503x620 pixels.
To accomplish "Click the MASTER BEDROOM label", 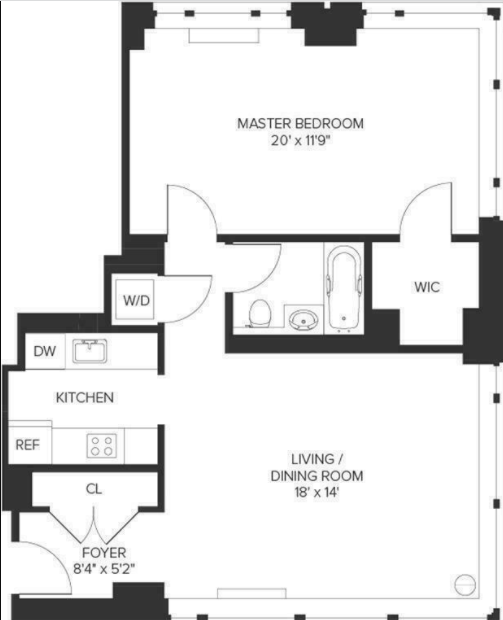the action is [x=301, y=123].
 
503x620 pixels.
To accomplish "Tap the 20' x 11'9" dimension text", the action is [x=301, y=140].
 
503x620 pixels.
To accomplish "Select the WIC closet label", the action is [x=427, y=287].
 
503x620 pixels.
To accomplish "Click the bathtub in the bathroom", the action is [x=344, y=289].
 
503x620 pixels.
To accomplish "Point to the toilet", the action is [x=259, y=313].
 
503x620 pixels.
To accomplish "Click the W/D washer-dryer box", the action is [x=135, y=300].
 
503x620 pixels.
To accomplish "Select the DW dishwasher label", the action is [x=45, y=351].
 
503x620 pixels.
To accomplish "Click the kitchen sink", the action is [x=90, y=351].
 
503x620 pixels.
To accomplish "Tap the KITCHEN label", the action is [x=85, y=397].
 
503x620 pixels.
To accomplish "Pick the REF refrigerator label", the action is [x=28, y=445].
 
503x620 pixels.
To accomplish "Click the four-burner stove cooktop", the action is [x=102, y=446].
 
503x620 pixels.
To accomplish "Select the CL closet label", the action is [x=94, y=489].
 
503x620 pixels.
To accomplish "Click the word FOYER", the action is [x=104, y=552].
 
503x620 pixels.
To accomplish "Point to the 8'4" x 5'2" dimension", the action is [x=104, y=569].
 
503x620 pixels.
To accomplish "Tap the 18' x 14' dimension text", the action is [x=317, y=493].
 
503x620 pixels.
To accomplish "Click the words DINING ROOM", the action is [x=317, y=476].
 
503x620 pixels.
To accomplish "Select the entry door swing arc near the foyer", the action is [x=59, y=558].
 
